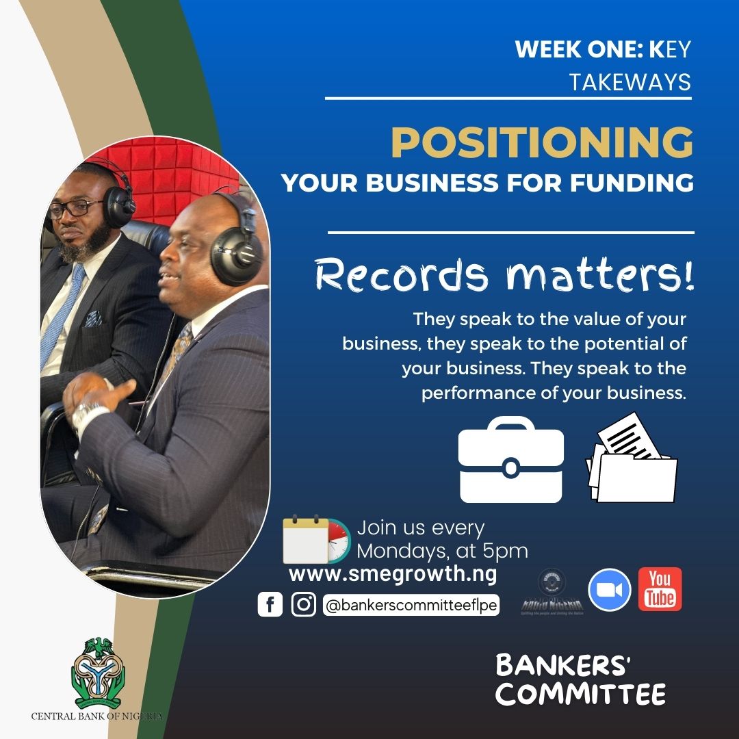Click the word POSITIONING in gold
click(541, 143)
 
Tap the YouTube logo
click(660, 589)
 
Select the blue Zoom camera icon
click(609, 590)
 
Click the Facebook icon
click(270, 605)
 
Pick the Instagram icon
click(303, 605)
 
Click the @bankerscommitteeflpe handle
click(411, 606)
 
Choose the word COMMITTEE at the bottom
click(580, 694)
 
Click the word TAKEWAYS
click(630, 83)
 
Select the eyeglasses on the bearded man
click(75, 207)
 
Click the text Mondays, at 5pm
click(442, 550)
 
